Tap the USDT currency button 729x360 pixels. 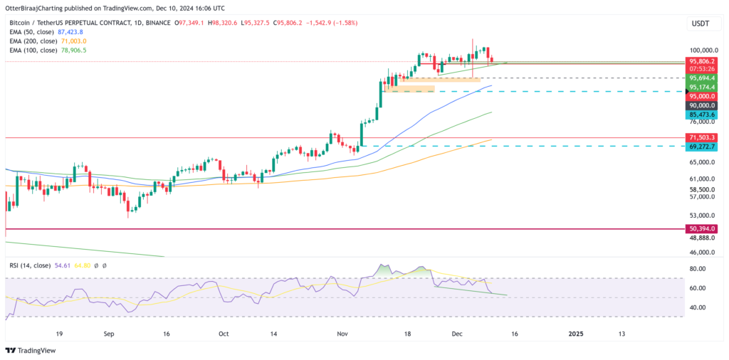[701, 25]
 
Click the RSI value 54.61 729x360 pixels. [63, 265]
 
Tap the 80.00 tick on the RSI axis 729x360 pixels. [697, 269]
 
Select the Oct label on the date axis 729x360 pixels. [224, 333]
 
